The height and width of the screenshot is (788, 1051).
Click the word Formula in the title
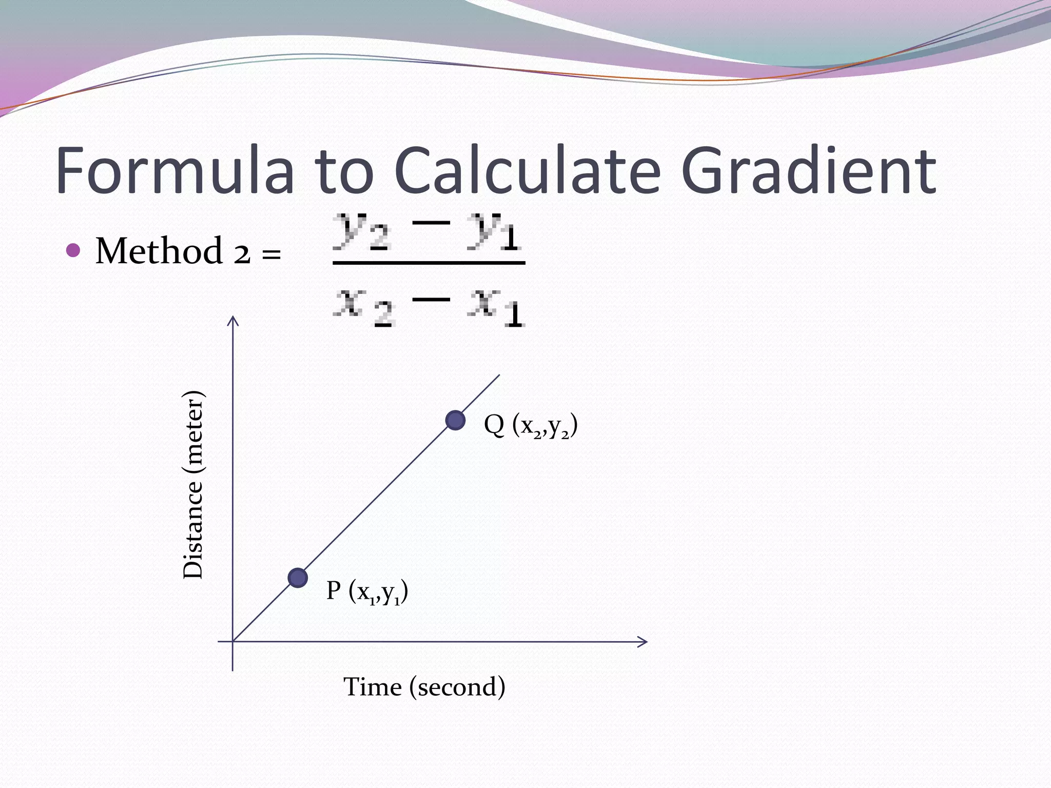coord(175,170)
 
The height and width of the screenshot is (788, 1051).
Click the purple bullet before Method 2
coord(74,250)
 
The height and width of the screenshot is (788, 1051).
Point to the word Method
coord(159,251)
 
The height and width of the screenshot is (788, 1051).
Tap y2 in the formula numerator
coord(362,232)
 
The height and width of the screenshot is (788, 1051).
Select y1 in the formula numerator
coord(494,232)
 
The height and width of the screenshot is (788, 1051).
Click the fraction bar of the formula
coord(429,263)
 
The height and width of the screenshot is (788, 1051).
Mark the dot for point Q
coord(455,420)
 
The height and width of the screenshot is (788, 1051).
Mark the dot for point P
coord(298,578)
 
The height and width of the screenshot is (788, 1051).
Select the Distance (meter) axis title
coord(194,484)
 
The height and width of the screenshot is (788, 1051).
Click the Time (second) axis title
coord(424,687)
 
